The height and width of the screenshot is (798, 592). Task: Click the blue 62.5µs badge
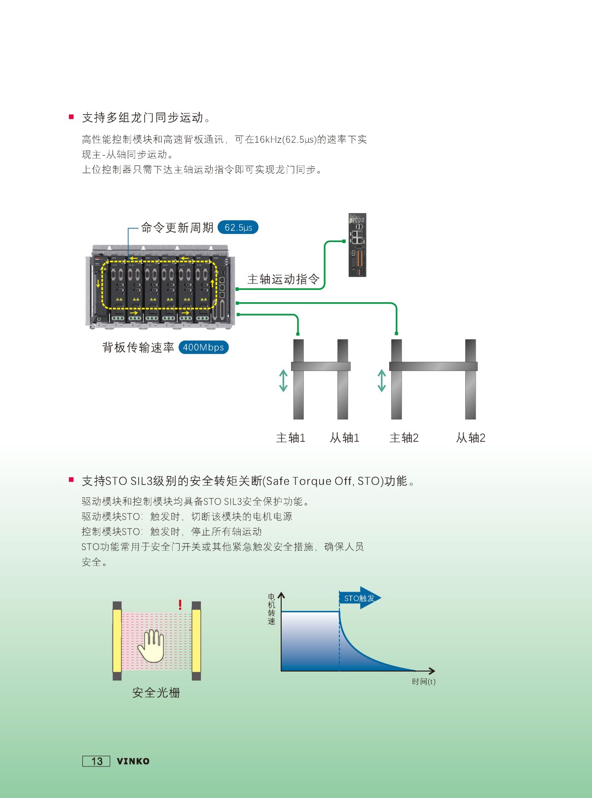(x=238, y=227)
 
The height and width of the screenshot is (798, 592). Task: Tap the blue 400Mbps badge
(x=203, y=347)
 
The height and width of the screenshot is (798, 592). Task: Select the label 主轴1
(x=291, y=438)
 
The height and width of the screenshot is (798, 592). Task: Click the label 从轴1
(x=344, y=438)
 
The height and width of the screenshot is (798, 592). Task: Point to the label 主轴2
(x=404, y=438)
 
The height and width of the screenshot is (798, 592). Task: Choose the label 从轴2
(x=471, y=438)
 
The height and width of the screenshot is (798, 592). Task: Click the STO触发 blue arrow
(x=360, y=598)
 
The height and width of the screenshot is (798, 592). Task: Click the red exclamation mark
(x=180, y=604)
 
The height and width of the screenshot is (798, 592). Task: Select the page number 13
(x=96, y=761)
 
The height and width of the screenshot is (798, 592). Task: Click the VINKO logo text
(x=133, y=761)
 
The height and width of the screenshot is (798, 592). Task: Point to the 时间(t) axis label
(x=424, y=681)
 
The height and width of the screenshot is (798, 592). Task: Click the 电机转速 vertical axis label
(x=271, y=609)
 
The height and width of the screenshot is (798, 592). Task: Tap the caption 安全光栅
(x=156, y=693)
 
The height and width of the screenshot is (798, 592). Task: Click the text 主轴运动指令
(x=283, y=279)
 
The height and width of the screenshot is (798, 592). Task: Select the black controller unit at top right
(x=357, y=245)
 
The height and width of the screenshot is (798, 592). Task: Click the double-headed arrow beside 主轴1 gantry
(x=283, y=381)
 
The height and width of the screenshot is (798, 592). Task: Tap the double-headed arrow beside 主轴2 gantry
(x=382, y=381)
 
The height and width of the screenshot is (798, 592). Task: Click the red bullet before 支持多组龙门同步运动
(x=71, y=117)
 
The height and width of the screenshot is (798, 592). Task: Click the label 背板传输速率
(x=138, y=347)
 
